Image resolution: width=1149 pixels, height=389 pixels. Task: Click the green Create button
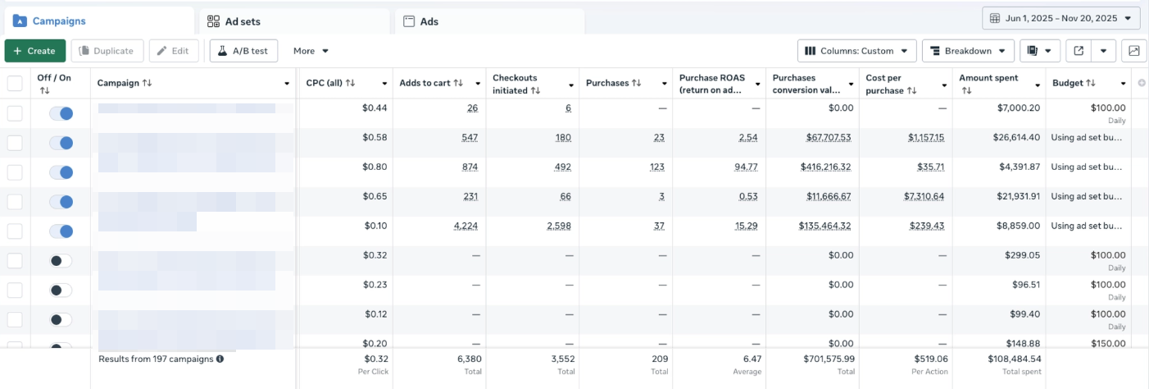(x=35, y=51)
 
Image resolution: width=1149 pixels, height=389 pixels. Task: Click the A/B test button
(x=244, y=51)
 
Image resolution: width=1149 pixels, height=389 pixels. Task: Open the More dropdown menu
(x=311, y=51)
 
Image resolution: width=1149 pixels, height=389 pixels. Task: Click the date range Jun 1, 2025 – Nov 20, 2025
(x=1060, y=18)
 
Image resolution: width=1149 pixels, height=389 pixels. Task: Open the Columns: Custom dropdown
(x=856, y=51)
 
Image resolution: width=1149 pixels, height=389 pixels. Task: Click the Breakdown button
(x=968, y=51)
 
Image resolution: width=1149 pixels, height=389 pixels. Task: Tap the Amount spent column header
(x=988, y=78)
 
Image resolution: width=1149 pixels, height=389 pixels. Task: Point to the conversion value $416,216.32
(x=826, y=167)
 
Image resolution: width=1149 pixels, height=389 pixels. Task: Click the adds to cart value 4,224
(x=465, y=226)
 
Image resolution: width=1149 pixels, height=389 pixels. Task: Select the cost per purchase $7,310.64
(x=924, y=196)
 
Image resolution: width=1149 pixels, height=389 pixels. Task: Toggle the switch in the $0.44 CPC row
(x=61, y=113)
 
